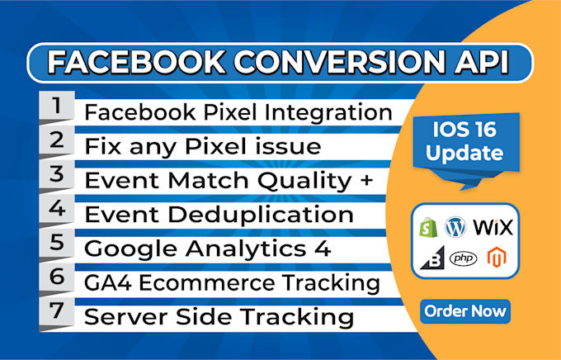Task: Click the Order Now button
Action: click(464, 311)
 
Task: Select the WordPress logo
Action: click(455, 225)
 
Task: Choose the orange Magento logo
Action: click(496, 258)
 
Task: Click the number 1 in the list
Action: click(56, 107)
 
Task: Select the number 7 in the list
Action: click(56, 312)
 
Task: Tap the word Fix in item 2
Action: click(103, 146)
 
